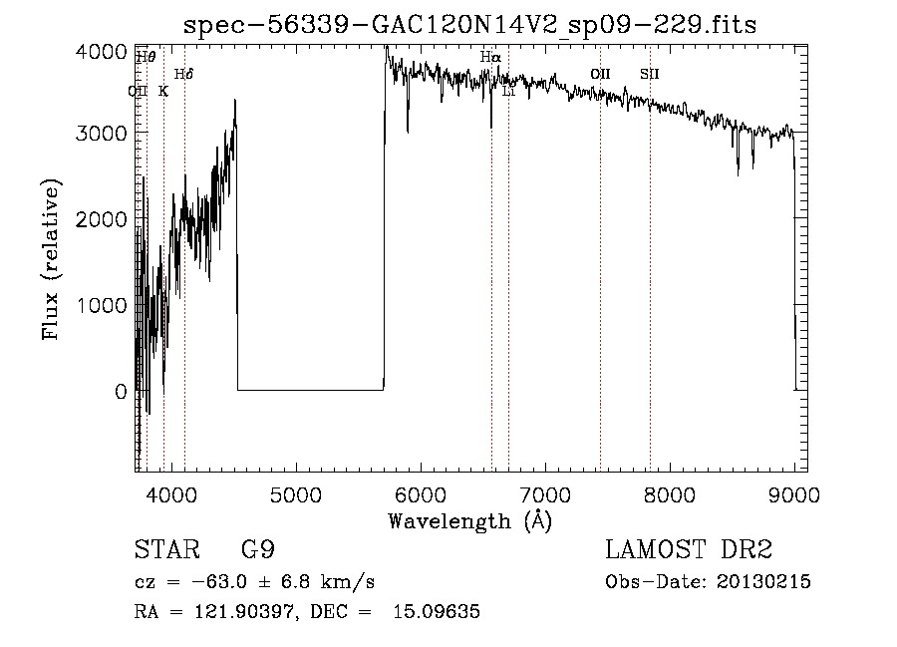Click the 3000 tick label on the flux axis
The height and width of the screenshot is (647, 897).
[x=104, y=134]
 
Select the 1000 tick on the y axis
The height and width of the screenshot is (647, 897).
[x=104, y=305]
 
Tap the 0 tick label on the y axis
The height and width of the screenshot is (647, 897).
[x=120, y=392]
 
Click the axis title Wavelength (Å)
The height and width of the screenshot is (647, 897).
[x=469, y=520]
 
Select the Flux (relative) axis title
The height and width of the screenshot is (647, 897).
[x=51, y=258]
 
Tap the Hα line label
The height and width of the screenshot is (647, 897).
[x=490, y=58]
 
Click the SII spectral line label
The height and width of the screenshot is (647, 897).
[x=650, y=74]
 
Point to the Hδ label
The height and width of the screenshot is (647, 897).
[x=183, y=75]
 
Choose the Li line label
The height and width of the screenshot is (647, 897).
[x=508, y=92]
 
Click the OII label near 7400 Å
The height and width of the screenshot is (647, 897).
[x=600, y=74]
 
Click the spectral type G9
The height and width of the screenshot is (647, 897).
[x=257, y=550]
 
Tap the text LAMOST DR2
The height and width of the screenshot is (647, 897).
[x=689, y=550]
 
